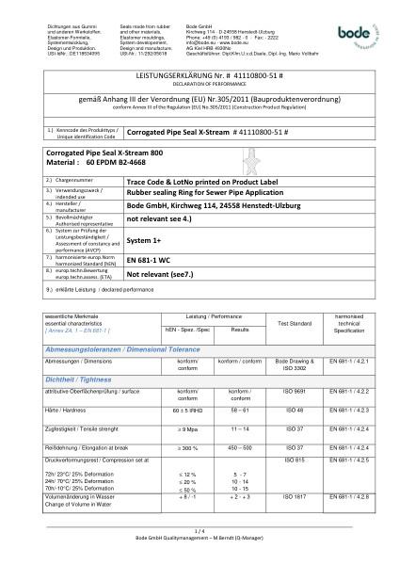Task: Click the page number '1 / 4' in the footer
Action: click(199, 555)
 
